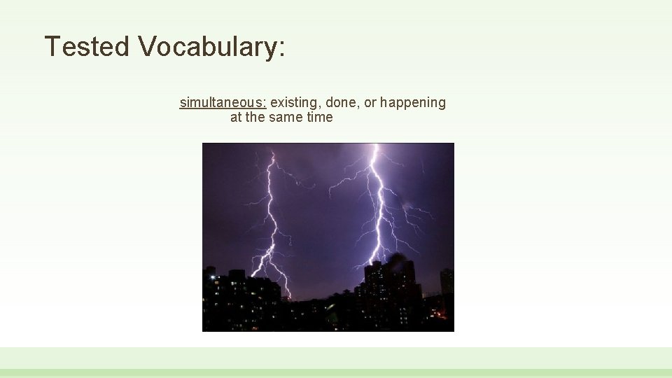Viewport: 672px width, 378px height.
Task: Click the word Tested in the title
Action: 87,47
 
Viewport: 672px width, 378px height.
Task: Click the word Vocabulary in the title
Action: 206,47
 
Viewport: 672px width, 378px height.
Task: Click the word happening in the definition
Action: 413,103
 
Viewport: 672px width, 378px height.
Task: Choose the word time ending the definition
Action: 320,118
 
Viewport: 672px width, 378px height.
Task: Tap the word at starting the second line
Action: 236,118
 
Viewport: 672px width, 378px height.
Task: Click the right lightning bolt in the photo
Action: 378,203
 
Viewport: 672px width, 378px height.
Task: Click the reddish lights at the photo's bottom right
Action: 440,315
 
